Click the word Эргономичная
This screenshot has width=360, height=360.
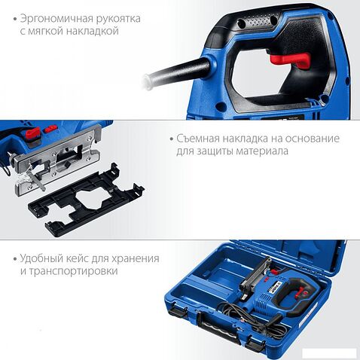pos(53,17)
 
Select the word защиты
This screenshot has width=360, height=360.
pos(215,151)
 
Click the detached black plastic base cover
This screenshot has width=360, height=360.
pos(87,199)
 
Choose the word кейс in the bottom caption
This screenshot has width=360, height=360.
pos(77,258)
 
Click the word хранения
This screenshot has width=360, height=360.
pos(135,258)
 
